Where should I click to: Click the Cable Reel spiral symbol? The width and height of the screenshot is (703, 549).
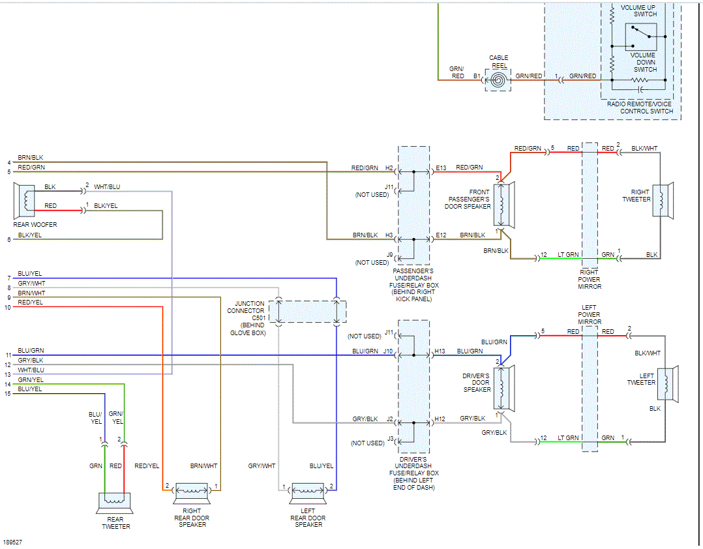498,80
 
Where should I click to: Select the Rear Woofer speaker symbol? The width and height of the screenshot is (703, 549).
26,200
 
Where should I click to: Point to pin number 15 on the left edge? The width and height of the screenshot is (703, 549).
7,393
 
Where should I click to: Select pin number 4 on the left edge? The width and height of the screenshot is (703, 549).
8,162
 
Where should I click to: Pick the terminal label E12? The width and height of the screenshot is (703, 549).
441,234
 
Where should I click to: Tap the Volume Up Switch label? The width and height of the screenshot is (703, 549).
638,10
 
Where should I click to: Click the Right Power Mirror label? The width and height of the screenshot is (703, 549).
590,280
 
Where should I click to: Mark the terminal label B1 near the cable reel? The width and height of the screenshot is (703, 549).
476,76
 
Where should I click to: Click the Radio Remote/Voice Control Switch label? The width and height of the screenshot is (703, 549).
640,108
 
